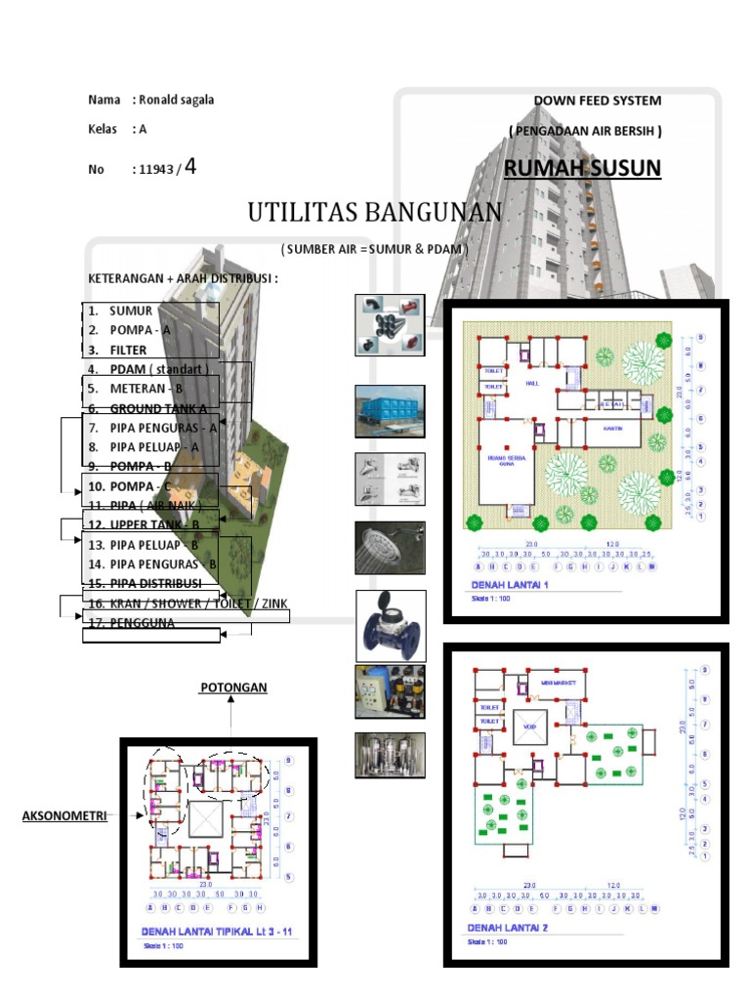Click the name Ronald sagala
click(x=177, y=100)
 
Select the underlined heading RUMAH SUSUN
click(x=582, y=169)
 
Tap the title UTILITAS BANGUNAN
click(x=375, y=212)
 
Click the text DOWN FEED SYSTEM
click(x=597, y=101)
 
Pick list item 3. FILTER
click(x=128, y=350)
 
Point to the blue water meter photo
click(x=389, y=625)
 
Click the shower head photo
click(x=389, y=548)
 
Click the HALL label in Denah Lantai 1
click(x=532, y=384)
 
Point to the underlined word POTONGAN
click(x=232, y=687)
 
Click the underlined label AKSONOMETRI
click(x=64, y=815)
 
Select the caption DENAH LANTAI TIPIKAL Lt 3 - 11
click(x=218, y=932)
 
